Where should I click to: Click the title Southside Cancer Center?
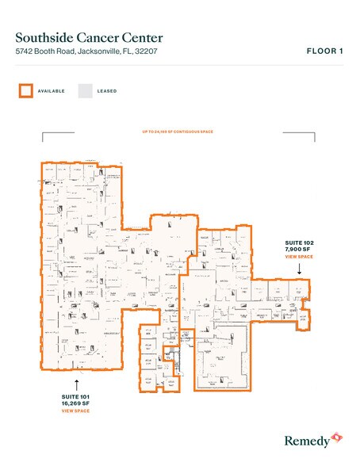coord(90,36)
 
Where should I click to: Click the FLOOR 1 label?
coord(325,52)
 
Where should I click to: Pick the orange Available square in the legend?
coord(25,90)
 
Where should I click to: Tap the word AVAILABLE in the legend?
coord(52,91)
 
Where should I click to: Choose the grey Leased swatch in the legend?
coord(84,90)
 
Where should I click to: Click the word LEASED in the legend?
coord(107,91)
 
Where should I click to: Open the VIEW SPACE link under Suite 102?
coord(300,258)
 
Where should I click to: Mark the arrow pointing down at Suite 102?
coord(300,269)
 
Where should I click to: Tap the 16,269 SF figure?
coord(77,405)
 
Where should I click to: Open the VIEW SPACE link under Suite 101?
coord(77,412)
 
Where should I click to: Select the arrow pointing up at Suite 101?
coord(77,384)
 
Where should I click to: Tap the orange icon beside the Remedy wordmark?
coord(337,437)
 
